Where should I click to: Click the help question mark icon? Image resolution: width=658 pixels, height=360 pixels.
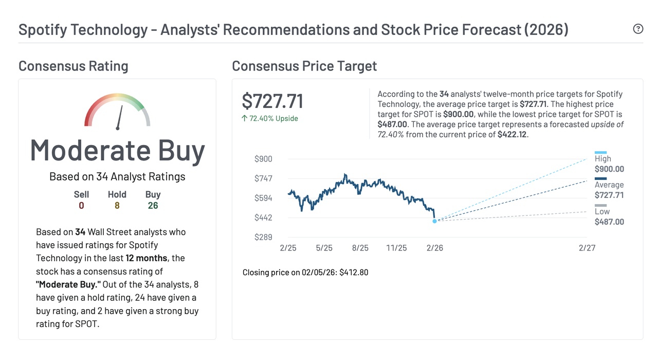(638, 29)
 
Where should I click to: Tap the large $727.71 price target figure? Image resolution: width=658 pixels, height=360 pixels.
(272, 101)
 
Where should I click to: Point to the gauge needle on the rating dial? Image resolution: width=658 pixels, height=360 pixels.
(120, 117)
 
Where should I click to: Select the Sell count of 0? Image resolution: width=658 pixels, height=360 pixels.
(81, 206)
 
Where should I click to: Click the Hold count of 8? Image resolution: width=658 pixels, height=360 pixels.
(117, 206)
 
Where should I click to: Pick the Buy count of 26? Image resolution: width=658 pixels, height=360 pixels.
(153, 206)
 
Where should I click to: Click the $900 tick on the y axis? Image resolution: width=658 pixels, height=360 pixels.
(263, 159)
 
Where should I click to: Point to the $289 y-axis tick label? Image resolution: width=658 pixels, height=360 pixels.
(263, 237)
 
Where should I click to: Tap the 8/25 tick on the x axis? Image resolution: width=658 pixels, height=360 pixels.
(360, 248)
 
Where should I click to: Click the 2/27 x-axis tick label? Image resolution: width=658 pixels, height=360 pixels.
(587, 248)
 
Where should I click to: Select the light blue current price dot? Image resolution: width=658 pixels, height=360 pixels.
(434, 221)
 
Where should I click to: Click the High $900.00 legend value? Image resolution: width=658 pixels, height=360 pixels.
(609, 169)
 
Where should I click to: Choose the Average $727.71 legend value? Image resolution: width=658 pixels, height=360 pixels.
(609, 195)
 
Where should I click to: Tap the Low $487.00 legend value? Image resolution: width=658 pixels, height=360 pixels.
(609, 222)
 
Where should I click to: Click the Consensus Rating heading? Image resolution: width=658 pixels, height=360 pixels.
(74, 66)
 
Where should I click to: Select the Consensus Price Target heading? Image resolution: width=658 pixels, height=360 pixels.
(304, 66)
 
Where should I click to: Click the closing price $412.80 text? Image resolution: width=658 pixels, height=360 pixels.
(354, 272)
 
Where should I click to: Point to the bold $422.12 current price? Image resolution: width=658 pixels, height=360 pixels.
(513, 135)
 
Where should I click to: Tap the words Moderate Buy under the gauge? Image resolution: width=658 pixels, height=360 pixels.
(117, 151)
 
